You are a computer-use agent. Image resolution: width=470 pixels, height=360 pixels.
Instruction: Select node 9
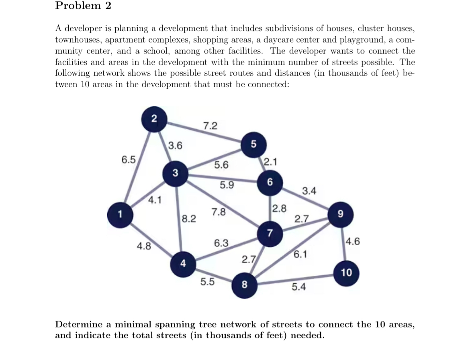pyautogui.click(x=340, y=215)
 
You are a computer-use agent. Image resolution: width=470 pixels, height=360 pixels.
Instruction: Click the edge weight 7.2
pyautogui.click(x=210, y=126)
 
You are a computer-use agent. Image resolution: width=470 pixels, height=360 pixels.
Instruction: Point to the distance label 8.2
pyautogui.click(x=189, y=219)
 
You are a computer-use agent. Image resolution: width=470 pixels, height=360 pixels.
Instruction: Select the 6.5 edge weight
pyautogui.click(x=129, y=160)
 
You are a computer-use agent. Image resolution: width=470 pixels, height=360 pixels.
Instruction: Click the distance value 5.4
pyautogui.click(x=298, y=287)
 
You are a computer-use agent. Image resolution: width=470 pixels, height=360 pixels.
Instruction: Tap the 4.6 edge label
pyautogui.click(x=353, y=242)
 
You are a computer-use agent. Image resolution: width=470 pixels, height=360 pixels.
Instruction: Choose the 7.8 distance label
pyautogui.click(x=219, y=212)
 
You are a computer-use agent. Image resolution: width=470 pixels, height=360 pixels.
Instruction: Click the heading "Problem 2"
pyautogui.click(x=83, y=6)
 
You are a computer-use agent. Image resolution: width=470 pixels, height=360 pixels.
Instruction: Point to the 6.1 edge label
pyautogui.click(x=301, y=254)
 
